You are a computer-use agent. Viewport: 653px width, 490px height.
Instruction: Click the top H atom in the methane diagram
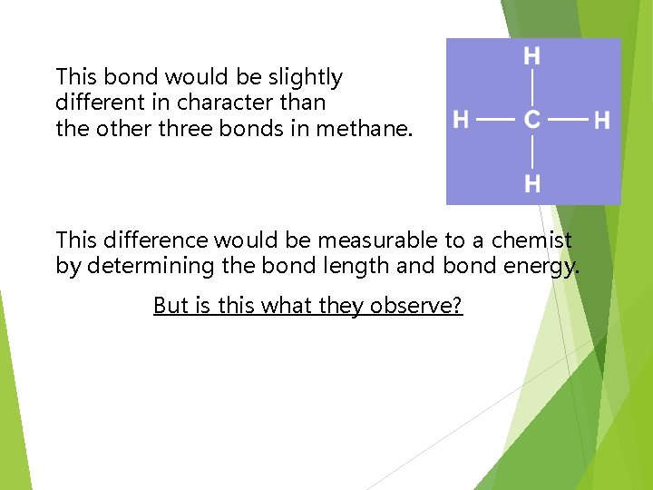[x=532, y=56]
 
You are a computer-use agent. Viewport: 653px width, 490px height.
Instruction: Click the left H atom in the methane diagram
[x=461, y=119]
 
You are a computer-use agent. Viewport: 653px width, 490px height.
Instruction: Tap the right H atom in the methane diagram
[x=602, y=119]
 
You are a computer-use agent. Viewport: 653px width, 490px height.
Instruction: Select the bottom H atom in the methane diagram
[x=532, y=184]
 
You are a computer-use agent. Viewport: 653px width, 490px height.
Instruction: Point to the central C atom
[x=532, y=119]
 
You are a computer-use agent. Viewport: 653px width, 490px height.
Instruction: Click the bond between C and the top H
[x=532, y=87]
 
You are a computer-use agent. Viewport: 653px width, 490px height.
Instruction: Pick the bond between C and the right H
[x=568, y=119]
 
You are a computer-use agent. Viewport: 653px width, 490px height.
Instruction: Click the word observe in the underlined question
[x=411, y=306]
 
